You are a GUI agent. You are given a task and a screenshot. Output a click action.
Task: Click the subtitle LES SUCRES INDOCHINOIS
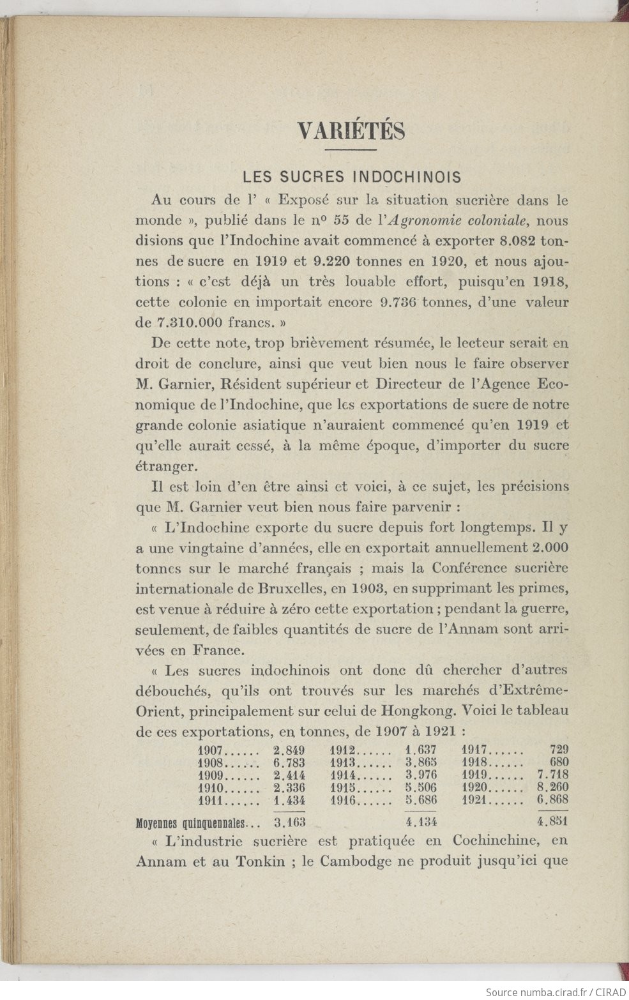pos(352,176)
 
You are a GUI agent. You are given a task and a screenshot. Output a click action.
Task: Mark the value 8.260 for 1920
pos(552,787)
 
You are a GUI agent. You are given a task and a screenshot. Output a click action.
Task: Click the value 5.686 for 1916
pos(421,799)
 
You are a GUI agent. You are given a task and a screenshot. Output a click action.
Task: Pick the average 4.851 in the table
pos(552,821)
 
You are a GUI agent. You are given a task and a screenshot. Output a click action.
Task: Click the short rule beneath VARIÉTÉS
pos(351,151)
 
